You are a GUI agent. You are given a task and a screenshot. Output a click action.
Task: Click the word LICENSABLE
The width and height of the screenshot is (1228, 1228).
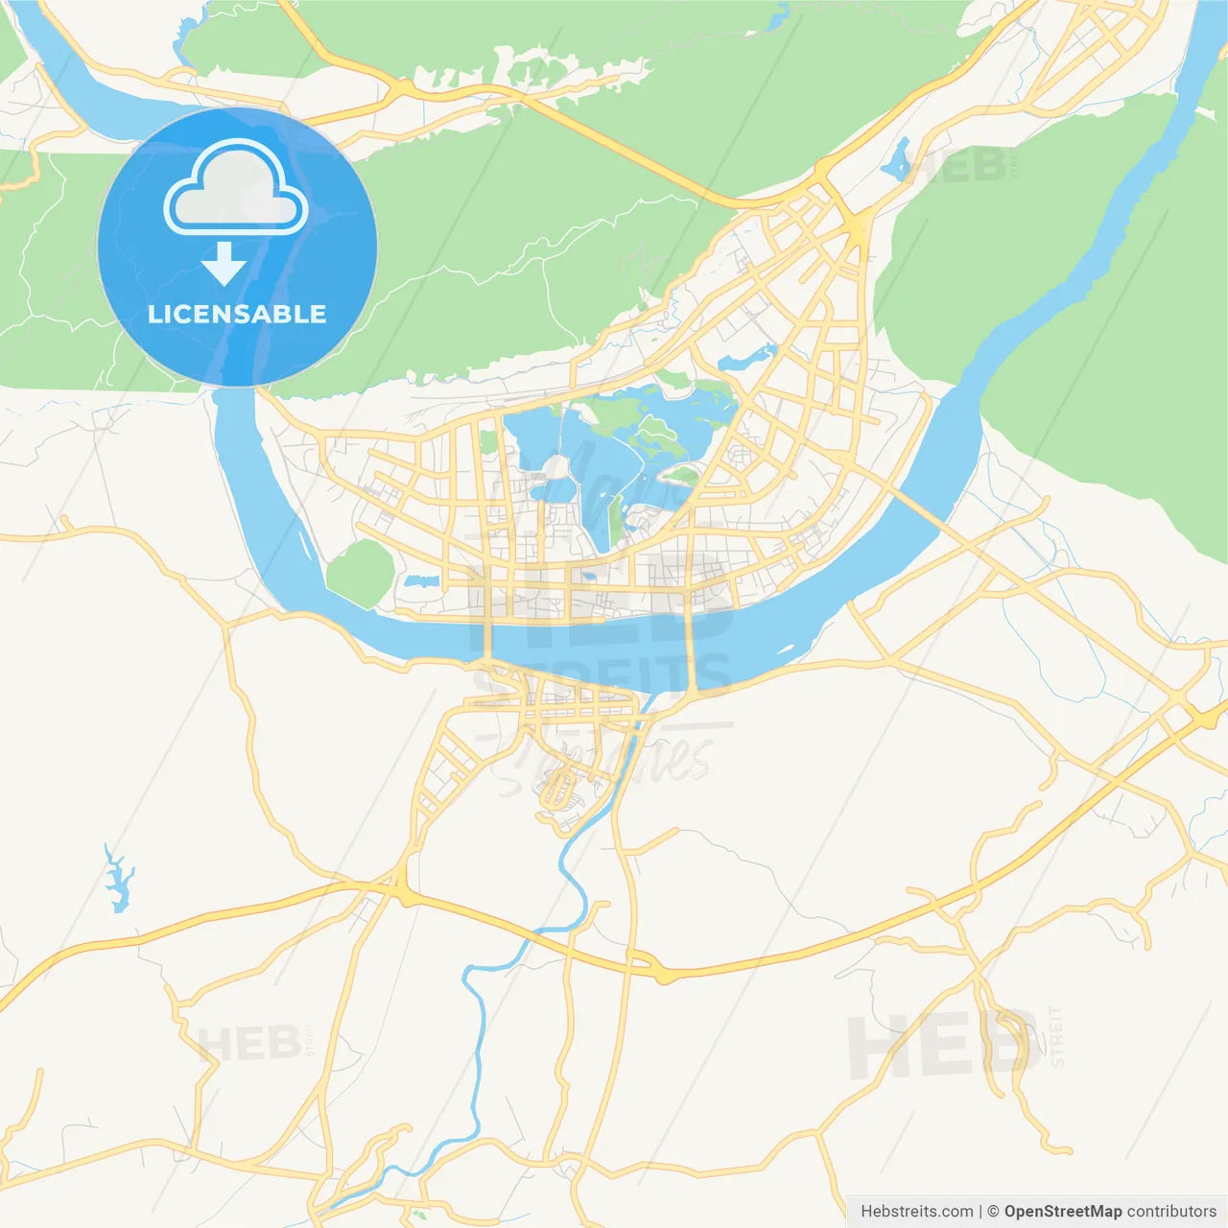[x=237, y=314]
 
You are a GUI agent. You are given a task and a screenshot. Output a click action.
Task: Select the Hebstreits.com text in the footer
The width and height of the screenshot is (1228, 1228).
[x=916, y=1212]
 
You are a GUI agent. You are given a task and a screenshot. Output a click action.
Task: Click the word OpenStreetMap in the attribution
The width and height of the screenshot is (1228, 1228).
[x=1062, y=1212]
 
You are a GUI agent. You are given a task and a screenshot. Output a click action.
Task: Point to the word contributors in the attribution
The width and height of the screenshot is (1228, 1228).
[x=1171, y=1212]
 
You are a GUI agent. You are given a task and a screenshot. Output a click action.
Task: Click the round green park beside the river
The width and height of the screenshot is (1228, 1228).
[x=361, y=573]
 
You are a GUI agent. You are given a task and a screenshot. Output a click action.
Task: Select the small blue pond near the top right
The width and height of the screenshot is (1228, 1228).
[x=898, y=161]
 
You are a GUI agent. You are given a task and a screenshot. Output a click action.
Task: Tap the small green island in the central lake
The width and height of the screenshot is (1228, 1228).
[x=679, y=474]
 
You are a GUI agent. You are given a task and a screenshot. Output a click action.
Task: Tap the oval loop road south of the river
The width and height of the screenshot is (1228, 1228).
[x=557, y=791]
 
